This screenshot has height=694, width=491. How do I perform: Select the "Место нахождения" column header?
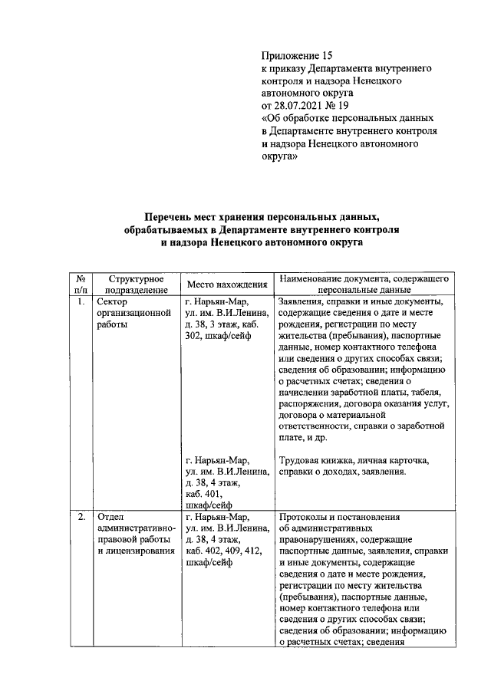[227, 285]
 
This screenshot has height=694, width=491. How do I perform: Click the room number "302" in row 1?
[194, 335]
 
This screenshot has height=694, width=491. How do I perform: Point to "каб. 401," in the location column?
[203, 495]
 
